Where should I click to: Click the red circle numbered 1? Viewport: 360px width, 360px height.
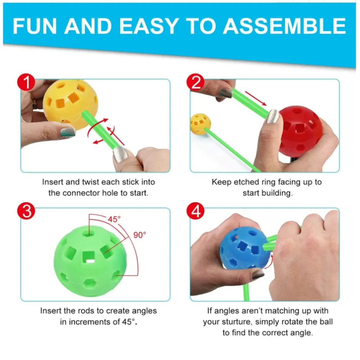click(26, 82)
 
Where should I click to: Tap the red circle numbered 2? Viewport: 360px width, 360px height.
click(195, 82)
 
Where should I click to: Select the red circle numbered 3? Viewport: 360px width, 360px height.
click(26, 211)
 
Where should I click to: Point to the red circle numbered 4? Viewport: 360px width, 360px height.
click(195, 211)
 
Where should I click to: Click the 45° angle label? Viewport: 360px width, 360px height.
click(114, 220)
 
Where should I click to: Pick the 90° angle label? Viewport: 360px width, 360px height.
click(140, 235)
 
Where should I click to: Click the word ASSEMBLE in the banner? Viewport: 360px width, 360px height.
click(284, 26)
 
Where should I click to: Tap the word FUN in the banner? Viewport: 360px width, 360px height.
click(35, 26)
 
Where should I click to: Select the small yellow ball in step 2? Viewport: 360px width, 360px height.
click(201, 124)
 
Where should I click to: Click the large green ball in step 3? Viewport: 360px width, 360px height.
click(90, 261)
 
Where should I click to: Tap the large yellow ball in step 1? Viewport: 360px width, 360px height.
click(71, 104)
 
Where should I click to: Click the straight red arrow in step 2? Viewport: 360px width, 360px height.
click(256, 98)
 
